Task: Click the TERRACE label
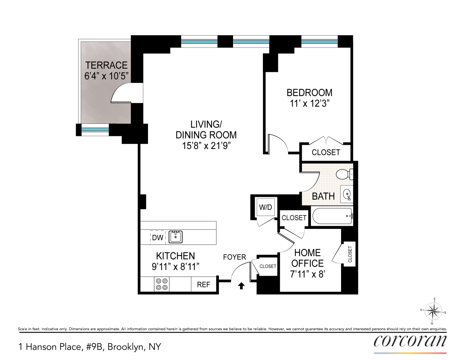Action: (x=106, y=65)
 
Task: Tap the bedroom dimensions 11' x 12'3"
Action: (x=309, y=104)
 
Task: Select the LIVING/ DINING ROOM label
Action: (x=206, y=130)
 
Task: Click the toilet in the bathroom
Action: (x=344, y=174)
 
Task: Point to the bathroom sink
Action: (x=347, y=195)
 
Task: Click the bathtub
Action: (x=332, y=216)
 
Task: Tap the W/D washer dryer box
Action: (x=265, y=207)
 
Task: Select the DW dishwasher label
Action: (x=157, y=238)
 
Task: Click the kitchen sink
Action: (x=176, y=237)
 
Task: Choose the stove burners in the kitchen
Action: (x=162, y=284)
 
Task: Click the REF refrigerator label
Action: (x=203, y=285)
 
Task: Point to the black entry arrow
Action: (x=241, y=286)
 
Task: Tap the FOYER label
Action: (x=234, y=257)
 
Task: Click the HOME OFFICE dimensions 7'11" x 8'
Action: (x=308, y=274)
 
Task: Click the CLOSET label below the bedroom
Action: (x=326, y=152)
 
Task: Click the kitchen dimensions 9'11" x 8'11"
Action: (x=175, y=267)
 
